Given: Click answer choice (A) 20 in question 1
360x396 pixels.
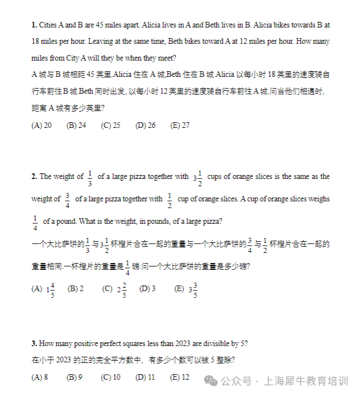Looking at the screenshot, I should tap(41, 126).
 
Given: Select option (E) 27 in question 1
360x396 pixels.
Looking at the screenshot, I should tap(180, 126).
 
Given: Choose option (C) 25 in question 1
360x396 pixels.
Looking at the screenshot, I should tap(110, 126).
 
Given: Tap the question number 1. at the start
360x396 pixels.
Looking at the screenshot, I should tap(34, 25).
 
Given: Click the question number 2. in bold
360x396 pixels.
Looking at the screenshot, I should tap(34, 177).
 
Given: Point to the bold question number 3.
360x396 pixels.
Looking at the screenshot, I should tap(34, 343).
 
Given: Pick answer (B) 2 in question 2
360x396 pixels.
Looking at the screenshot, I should tap(76, 289).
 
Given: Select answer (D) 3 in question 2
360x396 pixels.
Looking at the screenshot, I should tap(147, 289).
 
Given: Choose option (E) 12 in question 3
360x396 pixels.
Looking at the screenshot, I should tap(180, 377).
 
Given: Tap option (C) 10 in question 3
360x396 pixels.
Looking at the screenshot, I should tap(110, 377).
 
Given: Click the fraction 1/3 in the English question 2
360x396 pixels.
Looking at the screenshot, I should tap(90, 177).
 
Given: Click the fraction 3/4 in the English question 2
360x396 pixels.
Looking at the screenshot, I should tap(67, 200).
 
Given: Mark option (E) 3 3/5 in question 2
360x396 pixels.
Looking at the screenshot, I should tap(186, 289).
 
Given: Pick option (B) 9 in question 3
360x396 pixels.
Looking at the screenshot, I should tap(75, 377).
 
